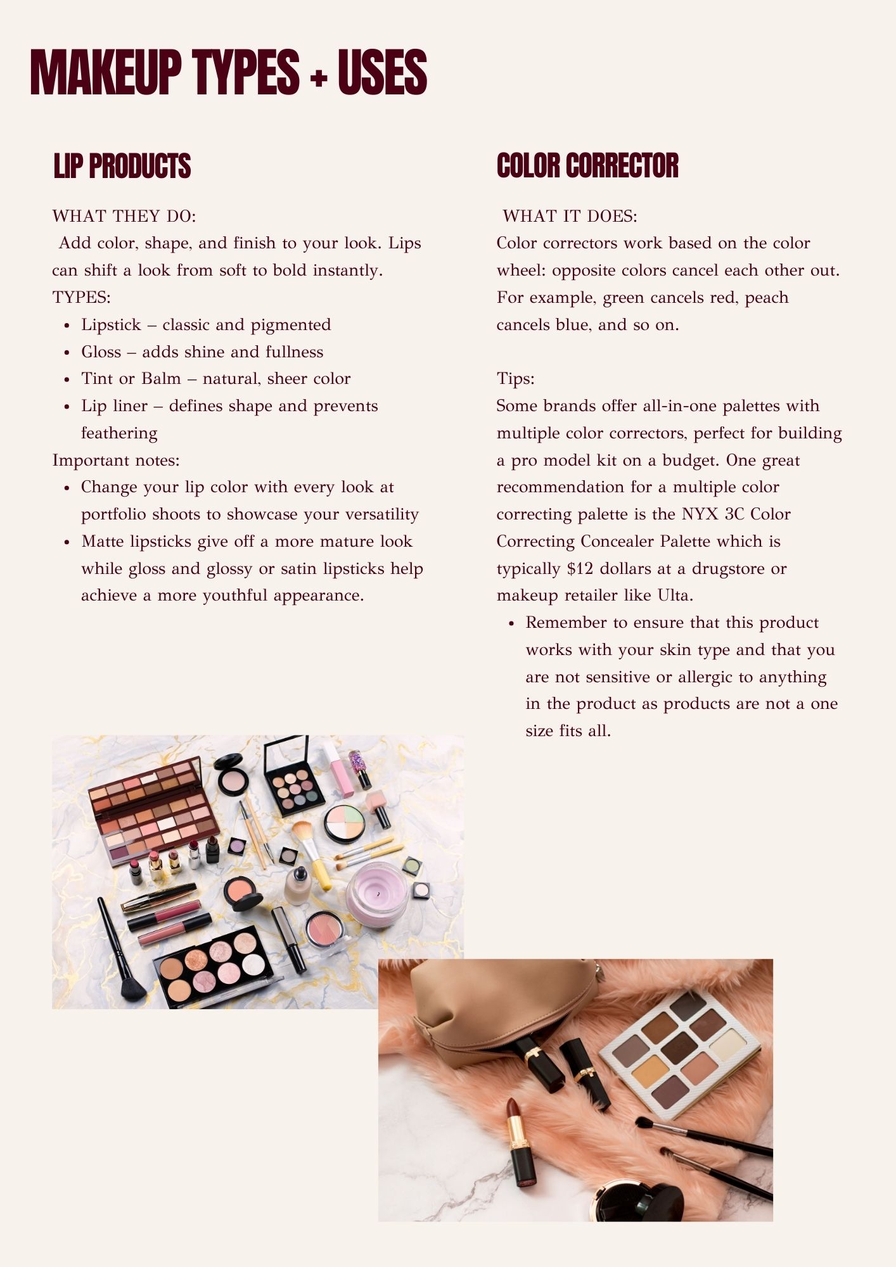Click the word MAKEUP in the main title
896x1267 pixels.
pos(106,73)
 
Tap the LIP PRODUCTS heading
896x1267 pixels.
pos(122,166)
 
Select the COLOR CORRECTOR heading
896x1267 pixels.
pos(587,166)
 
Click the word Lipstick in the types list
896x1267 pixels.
pos(111,325)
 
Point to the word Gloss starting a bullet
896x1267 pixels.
pos(101,352)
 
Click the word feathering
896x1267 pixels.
pos(119,433)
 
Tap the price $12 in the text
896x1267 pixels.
pos(580,569)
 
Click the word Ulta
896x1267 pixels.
pos(675,595)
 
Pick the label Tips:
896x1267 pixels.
pos(516,379)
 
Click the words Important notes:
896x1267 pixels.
pos(116,461)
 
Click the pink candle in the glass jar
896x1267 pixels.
pos(377,894)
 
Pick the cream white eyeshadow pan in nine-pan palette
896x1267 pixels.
pos(729,1044)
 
